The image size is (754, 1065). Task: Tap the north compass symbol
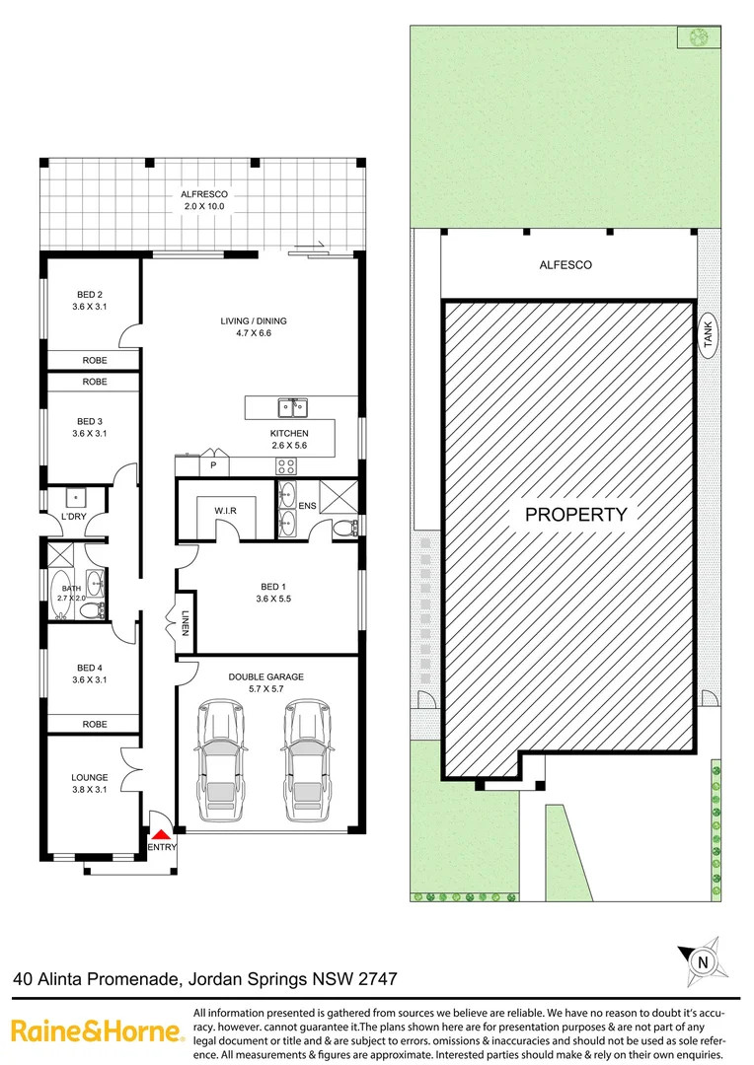click(700, 958)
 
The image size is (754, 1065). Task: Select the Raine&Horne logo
click(97, 1031)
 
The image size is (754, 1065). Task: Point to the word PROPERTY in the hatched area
click(575, 514)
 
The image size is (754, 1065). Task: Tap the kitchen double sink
click(293, 405)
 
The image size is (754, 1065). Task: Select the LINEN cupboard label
click(185, 621)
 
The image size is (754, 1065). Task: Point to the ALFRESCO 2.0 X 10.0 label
click(202, 200)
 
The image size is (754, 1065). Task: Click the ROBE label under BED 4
click(95, 724)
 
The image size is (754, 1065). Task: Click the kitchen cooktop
click(287, 465)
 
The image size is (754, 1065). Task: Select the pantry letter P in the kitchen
click(212, 463)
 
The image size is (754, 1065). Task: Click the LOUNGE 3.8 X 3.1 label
click(90, 783)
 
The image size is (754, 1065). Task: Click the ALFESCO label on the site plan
click(565, 264)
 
